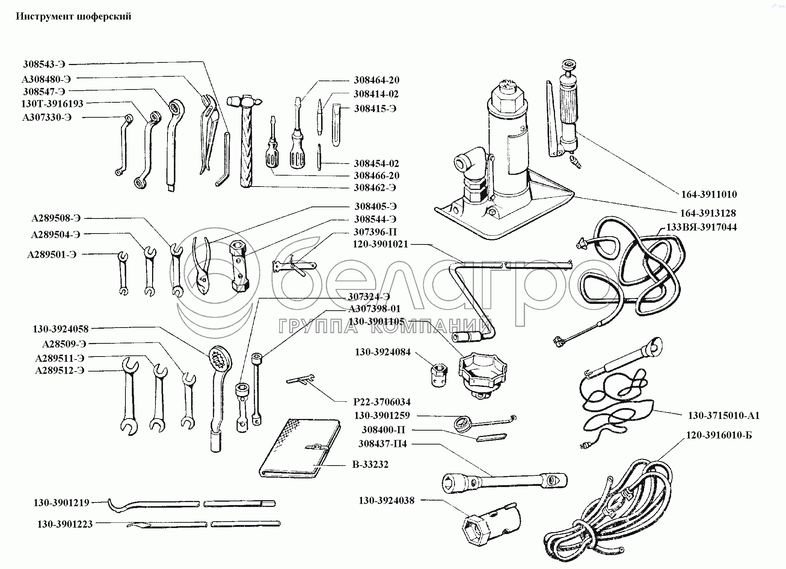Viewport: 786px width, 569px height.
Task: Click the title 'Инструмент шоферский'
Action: pos(74,17)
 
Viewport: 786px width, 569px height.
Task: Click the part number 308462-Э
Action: pos(375,187)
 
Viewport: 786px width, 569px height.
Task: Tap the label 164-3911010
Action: pos(709,194)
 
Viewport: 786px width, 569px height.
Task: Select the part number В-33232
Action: pos(370,464)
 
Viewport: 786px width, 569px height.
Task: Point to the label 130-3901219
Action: pos(62,503)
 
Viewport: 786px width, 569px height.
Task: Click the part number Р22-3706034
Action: pos(382,402)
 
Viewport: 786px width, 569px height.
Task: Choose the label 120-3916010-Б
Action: pos(719,435)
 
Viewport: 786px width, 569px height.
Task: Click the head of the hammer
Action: pos(244,101)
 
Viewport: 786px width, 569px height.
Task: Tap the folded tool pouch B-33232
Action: pos(300,448)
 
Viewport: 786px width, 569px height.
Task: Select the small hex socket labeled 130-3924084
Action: pos(439,376)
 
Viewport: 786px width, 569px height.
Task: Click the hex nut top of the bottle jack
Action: pos(508,99)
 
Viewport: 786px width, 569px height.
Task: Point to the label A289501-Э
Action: pos(52,255)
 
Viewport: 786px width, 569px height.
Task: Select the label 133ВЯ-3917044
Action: pos(702,227)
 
